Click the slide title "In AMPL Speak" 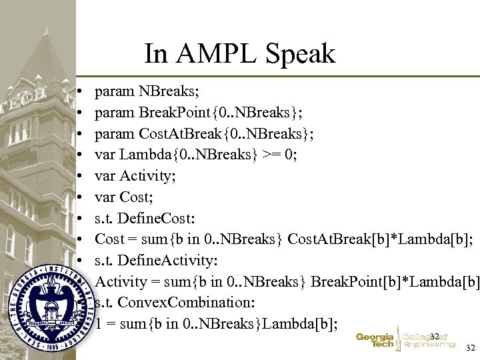tap(239, 53)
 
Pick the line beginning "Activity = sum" tap(287, 282)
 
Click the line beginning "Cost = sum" tap(284, 239)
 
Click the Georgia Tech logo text tap(375, 341)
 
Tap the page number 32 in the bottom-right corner tap(471, 348)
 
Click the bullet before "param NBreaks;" tap(79, 90)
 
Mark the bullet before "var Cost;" tap(79, 197)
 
